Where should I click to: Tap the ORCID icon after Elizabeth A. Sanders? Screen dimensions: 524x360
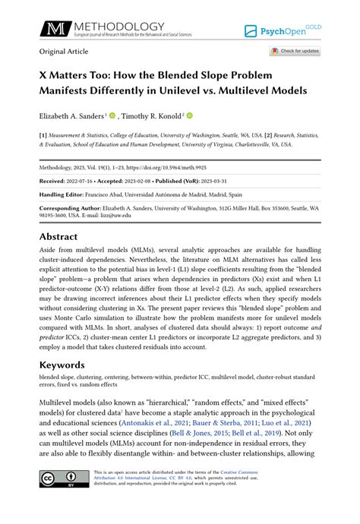pyautogui.click(x=112, y=115)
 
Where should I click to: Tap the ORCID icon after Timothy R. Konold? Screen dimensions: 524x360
pyautogui.click(x=190, y=115)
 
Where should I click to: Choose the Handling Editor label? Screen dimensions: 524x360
pyautogui.click(x=62, y=194)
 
